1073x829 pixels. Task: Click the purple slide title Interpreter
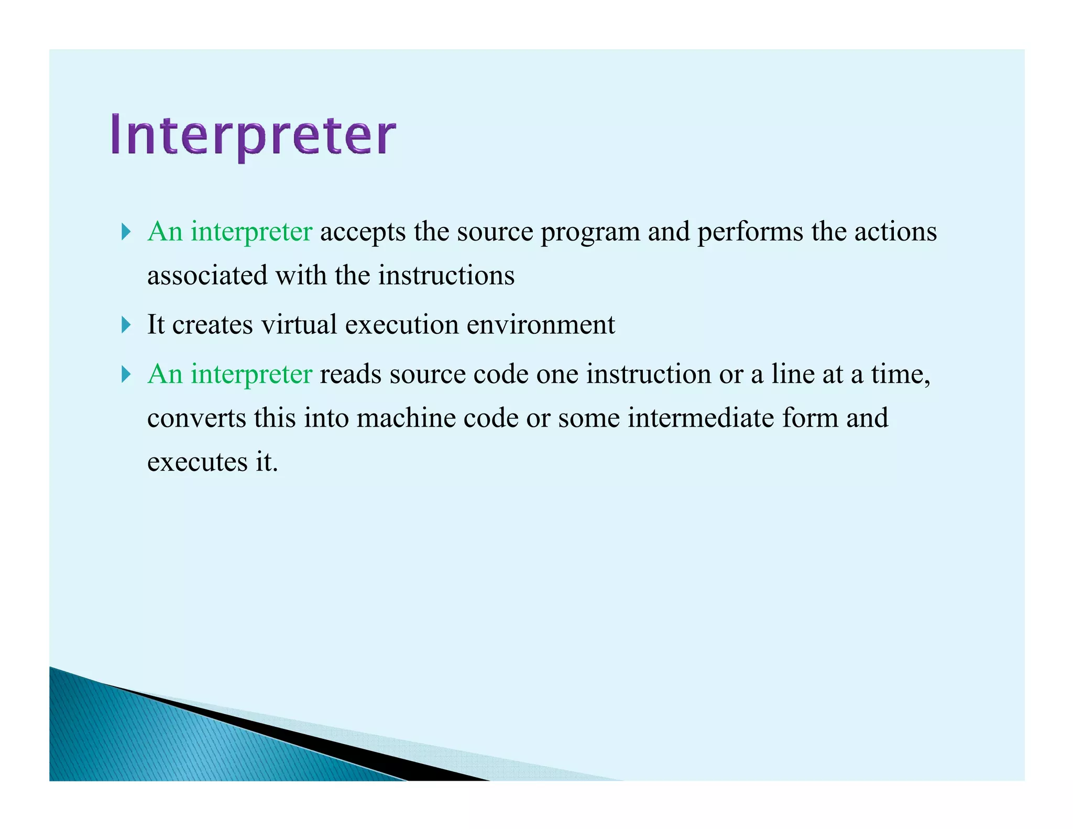tap(253, 135)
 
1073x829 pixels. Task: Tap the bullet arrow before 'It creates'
tap(126, 325)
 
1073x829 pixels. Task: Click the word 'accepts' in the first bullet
tap(363, 232)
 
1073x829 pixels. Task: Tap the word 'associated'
tap(207, 276)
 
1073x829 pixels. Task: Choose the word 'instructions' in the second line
tap(446, 276)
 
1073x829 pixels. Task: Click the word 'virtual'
tap(299, 324)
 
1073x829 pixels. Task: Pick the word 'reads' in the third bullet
tap(351, 374)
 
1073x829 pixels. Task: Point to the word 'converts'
tap(196, 419)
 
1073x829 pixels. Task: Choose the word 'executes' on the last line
tap(197, 463)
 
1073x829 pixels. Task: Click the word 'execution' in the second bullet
tap(402, 324)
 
